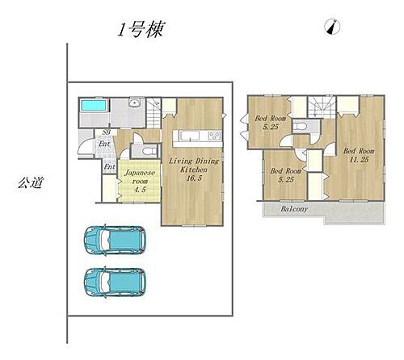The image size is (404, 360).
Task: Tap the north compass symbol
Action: point(331,28)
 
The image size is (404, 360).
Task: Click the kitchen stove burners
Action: point(215,135)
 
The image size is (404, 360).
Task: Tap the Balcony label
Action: point(294,209)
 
